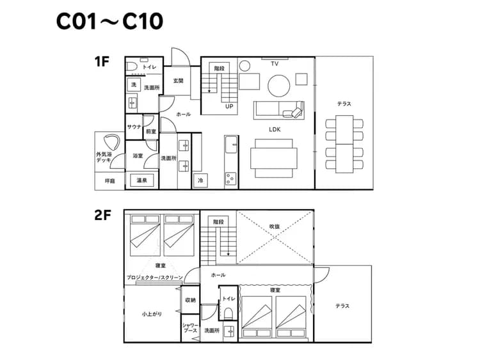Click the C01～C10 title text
tap(109, 22)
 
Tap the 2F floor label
tap(102, 215)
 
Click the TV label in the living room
tap(275, 64)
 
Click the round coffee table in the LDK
tap(278, 84)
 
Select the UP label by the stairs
tap(228, 107)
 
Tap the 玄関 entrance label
tap(179, 81)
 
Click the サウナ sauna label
tap(134, 127)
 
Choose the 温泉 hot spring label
tap(141, 181)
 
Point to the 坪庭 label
tap(109, 181)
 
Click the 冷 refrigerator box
tap(201, 181)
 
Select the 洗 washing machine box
tap(133, 85)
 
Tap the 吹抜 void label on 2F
tap(275, 226)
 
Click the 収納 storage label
tap(190, 299)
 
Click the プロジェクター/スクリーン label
tap(154, 278)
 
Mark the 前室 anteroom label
tap(150, 131)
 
